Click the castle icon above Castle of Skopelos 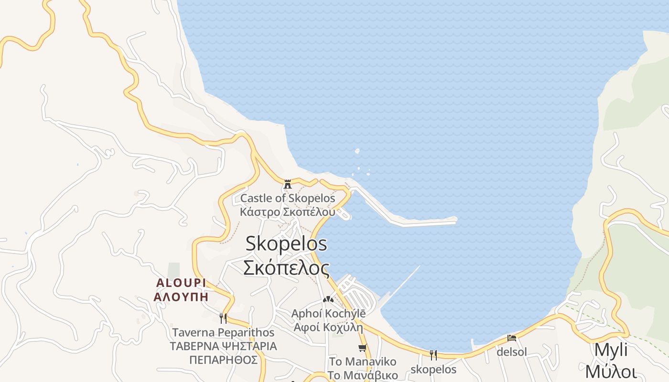pos(288,184)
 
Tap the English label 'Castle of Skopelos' pos(288,198)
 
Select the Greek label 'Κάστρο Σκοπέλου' pos(288,212)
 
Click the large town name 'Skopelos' pos(286,244)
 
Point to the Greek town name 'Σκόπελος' pos(286,268)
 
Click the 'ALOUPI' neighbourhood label pos(181,283)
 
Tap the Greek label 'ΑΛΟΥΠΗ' pos(181,296)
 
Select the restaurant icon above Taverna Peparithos pos(223,318)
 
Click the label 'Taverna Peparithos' pos(223,332)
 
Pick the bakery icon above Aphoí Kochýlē pos(328,299)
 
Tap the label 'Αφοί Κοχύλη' pos(328,328)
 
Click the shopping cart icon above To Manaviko pos(363,348)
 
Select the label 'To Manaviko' pos(363,361)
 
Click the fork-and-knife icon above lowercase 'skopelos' pos(433,355)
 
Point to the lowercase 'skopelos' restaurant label pos(433,369)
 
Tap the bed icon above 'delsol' pos(512,338)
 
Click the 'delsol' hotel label pos(512,352)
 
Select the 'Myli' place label pos(611,350)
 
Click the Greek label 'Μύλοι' pos(611,371)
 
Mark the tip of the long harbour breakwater pos(455,220)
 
